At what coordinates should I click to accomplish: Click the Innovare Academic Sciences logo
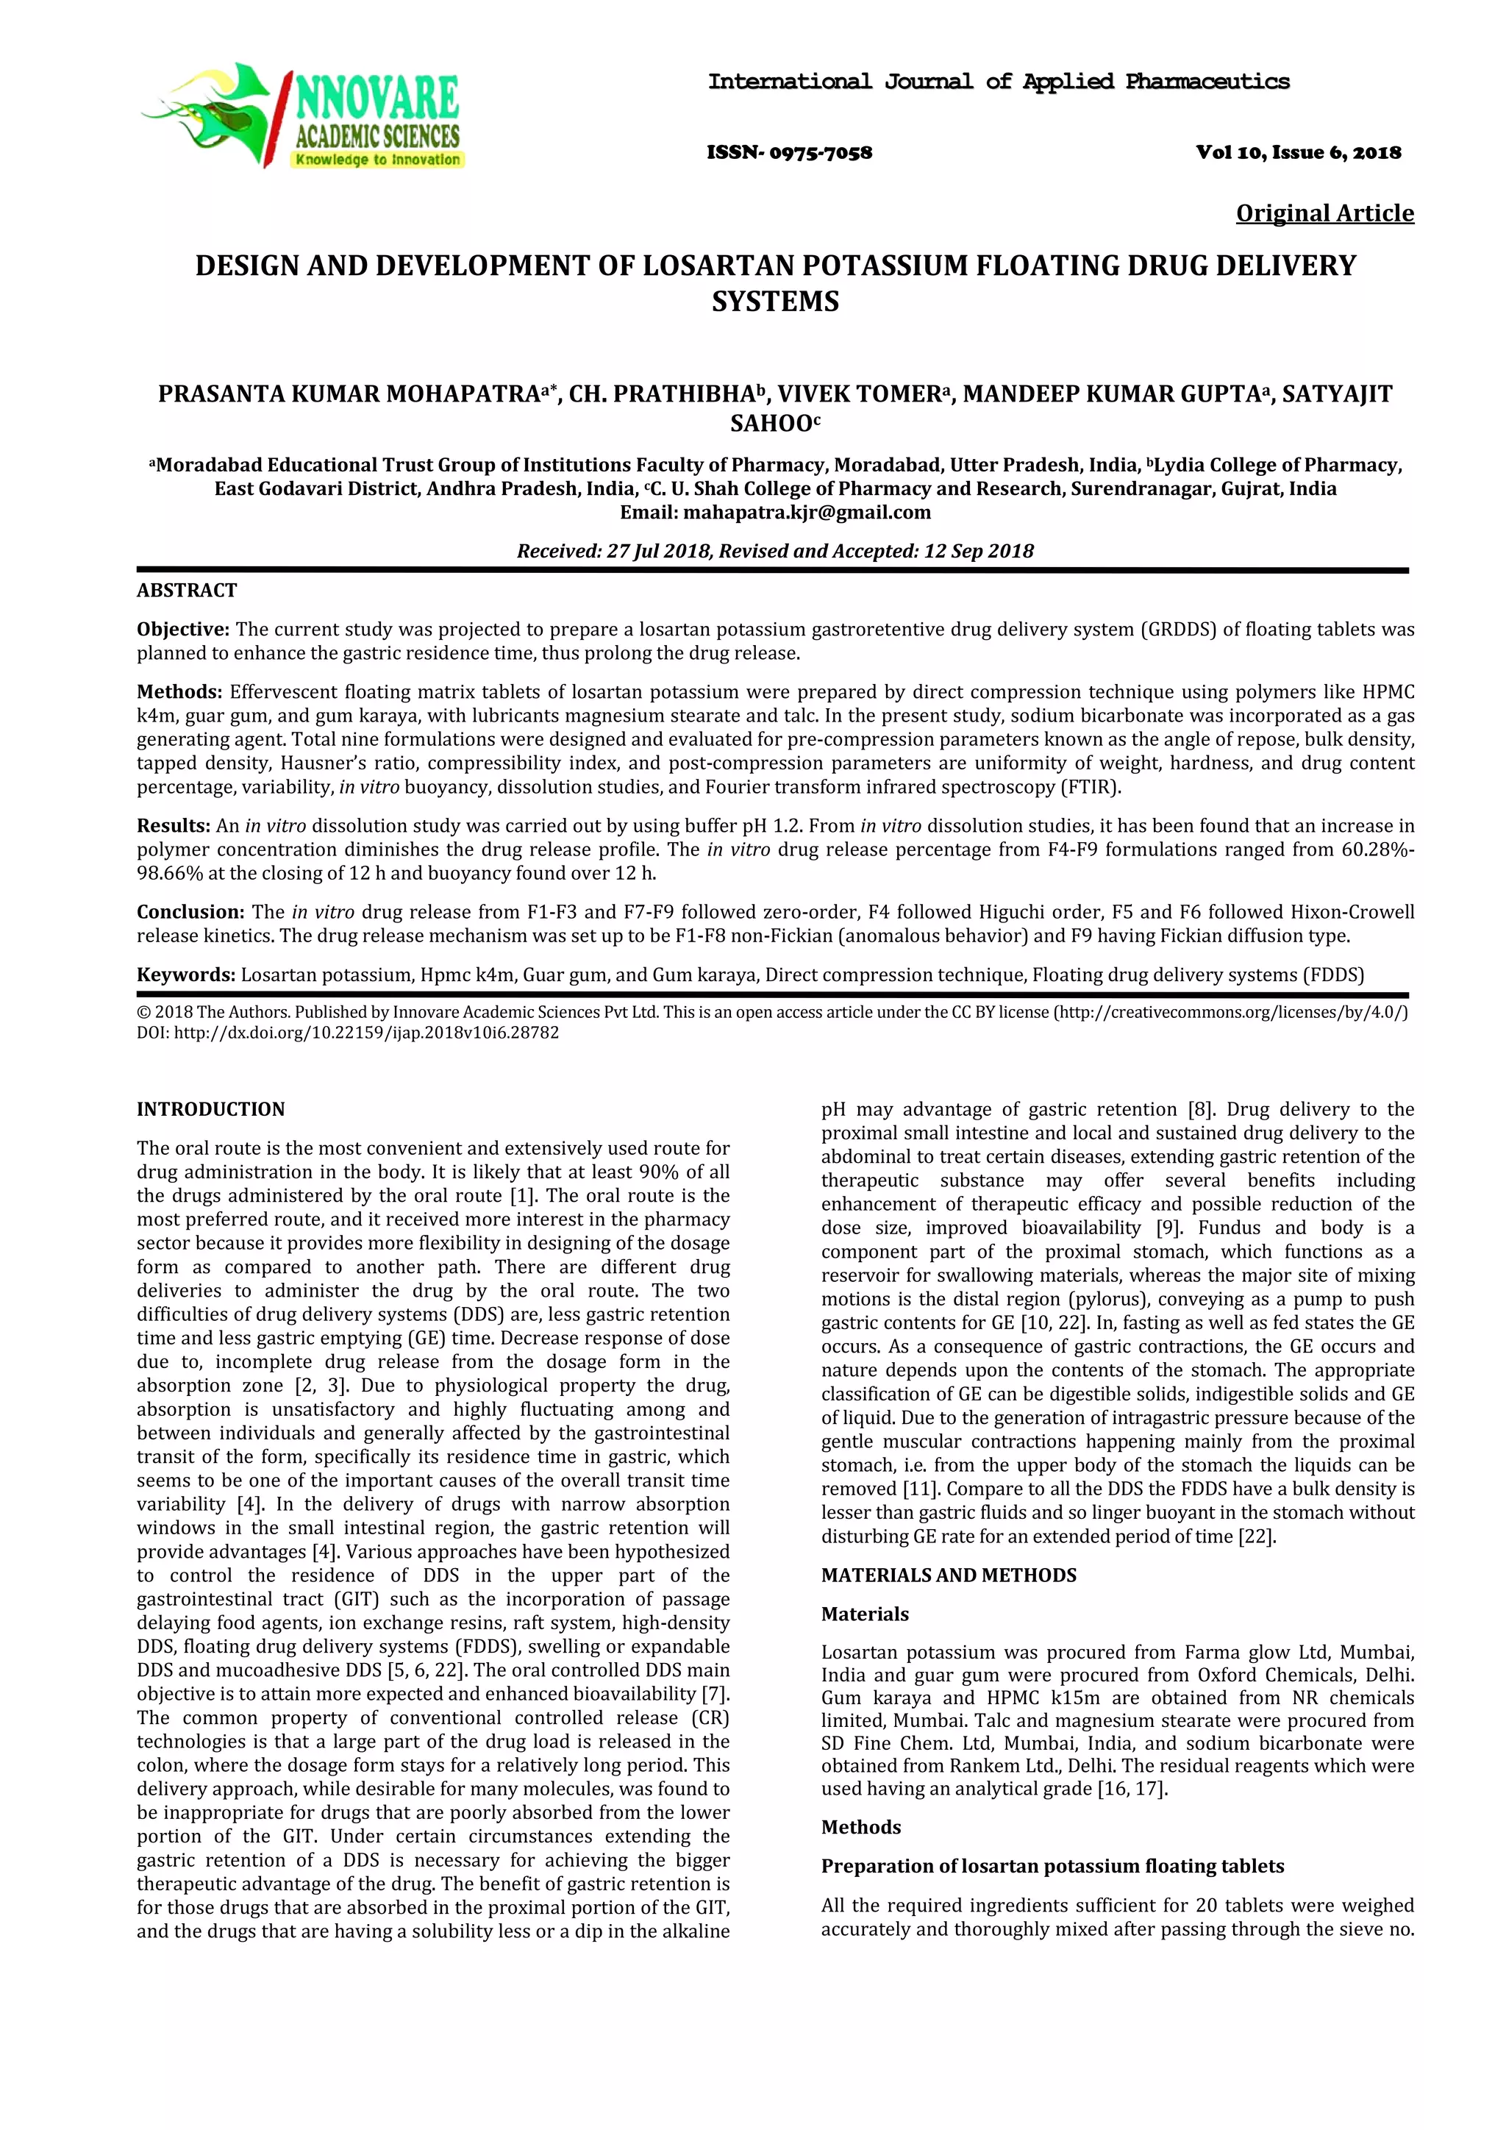coord(302,116)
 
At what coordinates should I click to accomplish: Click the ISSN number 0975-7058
coord(789,153)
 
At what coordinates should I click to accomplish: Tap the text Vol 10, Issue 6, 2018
coord(1299,153)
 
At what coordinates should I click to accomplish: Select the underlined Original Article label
coord(1324,213)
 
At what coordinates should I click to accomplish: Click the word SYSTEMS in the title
coord(775,302)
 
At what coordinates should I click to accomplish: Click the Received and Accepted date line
coord(775,551)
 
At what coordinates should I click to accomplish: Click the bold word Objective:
coord(182,630)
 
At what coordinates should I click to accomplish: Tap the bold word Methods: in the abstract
coord(180,692)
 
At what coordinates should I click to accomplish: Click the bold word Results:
coord(174,826)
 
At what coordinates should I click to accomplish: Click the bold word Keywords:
coord(185,975)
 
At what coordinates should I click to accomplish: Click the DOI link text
coord(348,1033)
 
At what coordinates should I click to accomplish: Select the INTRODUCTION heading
coord(210,1110)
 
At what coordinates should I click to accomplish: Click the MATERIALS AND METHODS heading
coord(949,1575)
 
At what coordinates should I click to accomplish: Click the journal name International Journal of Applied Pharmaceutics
coord(999,82)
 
